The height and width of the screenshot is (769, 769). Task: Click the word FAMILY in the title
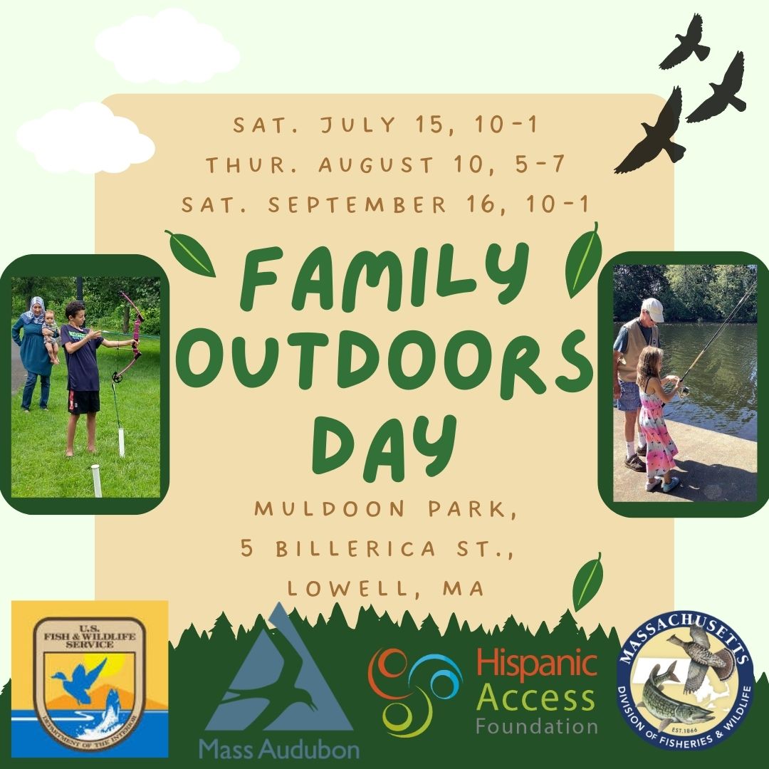click(384, 278)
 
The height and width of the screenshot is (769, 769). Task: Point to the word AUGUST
click(376, 164)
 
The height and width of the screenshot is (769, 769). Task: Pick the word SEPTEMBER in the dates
click(357, 204)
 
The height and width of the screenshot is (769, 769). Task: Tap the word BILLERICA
click(355, 548)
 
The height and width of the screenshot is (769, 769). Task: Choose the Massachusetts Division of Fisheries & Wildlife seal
click(685, 681)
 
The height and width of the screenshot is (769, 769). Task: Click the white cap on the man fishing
click(653, 309)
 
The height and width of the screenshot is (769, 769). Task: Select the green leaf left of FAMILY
click(190, 253)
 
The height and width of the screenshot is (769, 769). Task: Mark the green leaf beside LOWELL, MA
click(587, 582)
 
